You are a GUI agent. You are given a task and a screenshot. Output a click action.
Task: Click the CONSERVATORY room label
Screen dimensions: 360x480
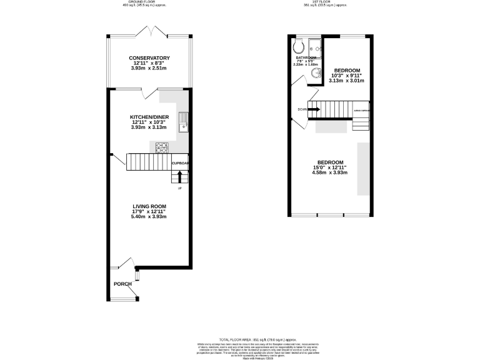click(149, 57)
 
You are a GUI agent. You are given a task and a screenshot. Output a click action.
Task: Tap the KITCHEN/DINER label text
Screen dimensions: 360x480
click(149, 117)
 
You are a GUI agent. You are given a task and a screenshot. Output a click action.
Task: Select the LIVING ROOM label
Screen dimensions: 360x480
click(149, 206)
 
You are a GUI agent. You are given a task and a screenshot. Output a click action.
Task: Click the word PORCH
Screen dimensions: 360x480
click(122, 284)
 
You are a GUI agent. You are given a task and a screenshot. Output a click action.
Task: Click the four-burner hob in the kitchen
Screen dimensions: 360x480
click(162, 147)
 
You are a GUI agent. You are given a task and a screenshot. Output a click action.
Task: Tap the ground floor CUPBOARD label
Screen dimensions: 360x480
click(181, 164)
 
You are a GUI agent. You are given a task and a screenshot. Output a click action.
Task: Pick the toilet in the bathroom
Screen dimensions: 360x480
click(298, 46)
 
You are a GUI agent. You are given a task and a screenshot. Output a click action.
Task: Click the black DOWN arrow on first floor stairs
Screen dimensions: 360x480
click(314, 109)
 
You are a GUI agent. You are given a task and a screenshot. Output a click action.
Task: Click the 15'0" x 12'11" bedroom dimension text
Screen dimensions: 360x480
click(329, 167)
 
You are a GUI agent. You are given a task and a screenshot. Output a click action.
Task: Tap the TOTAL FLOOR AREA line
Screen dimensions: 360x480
click(241, 337)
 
